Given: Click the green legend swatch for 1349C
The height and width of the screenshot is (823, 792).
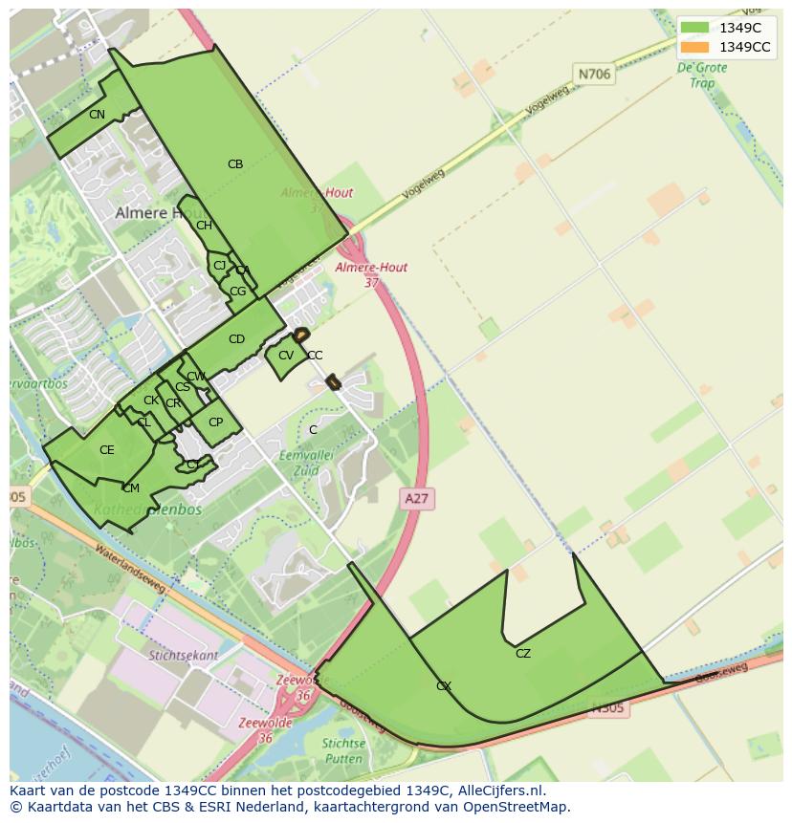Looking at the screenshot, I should [695, 28].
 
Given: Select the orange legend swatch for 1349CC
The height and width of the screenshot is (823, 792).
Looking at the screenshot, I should [695, 47].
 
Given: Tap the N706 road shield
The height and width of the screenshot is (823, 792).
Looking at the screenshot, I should [594, 73].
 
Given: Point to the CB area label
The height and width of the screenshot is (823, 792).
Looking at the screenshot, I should [235, 164].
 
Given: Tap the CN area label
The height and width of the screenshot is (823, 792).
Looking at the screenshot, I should [97, 115].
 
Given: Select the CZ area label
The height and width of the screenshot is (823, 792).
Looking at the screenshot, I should [522, 654].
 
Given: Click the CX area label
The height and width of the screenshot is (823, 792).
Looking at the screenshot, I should [444, 686].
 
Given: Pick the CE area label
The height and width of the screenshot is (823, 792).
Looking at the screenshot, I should [107, 450].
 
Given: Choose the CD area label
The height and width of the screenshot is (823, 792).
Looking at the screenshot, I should [236, 339].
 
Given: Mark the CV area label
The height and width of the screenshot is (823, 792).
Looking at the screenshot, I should [285, 356].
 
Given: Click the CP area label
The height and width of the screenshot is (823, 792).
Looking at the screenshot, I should [215, 422].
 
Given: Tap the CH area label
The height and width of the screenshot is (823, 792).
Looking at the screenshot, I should [204, 226].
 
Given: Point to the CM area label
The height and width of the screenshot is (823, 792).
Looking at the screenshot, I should [131, 488].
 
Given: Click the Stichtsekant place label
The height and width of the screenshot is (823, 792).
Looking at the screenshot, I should [180, 656].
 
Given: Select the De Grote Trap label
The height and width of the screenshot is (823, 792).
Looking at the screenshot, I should [702, 76].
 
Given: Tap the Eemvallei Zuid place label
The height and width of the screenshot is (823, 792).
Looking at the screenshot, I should [305, 463].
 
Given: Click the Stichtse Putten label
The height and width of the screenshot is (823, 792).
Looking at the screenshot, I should [343, 750].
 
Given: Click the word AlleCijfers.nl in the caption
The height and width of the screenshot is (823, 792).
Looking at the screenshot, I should [501, 791].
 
